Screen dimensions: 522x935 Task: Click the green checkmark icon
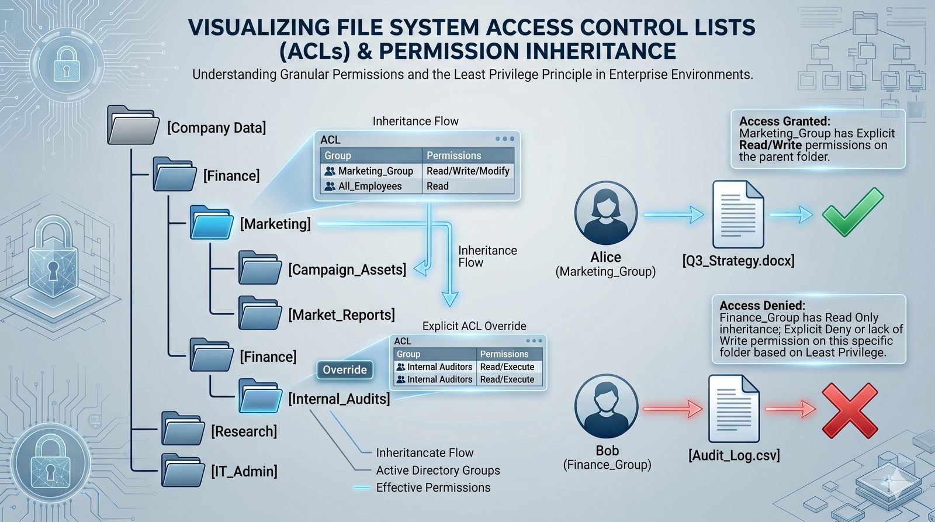tap(852, 213)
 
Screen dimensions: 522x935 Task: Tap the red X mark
tap(850, 410)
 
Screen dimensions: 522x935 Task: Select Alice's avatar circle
tap(605, 212)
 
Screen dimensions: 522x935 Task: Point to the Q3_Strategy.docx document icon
tap(737, 215)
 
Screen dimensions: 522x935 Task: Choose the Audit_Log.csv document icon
tap(733, 409)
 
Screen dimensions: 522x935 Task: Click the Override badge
tap(345, 370)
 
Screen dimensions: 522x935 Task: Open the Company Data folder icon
tap(133, 126)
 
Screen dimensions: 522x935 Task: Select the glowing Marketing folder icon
tap(212, 223)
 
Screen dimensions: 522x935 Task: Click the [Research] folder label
tap(244, 431)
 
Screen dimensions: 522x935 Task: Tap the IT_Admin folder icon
tap(183, 471)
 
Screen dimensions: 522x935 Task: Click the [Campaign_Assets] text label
tap(347, 269)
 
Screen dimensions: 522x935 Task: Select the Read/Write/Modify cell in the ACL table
tap(468, 171)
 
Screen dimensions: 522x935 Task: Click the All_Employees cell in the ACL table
tap(370, 186)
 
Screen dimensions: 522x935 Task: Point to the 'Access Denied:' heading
tap(762, 305)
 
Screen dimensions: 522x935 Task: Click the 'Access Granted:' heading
tap(784, 121)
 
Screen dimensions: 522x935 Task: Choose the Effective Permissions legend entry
tap(433, 488)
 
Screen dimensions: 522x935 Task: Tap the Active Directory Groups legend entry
tap(438, 470)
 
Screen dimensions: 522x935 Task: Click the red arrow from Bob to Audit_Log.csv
tap(672, 409)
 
